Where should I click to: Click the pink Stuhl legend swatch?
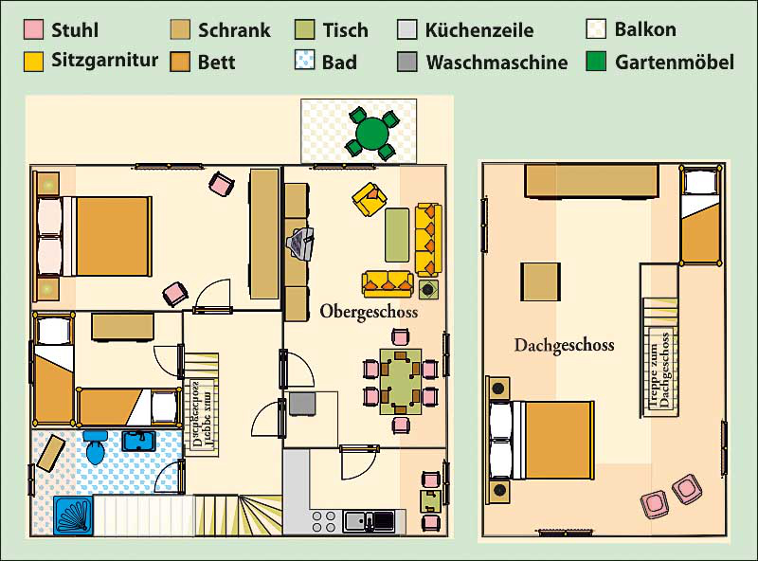33,29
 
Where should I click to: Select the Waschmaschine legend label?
496,63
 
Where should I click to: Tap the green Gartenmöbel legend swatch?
596,62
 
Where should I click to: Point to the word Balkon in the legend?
645,29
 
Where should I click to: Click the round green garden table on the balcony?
371,132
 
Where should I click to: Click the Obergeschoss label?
369,312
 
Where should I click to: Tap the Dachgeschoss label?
564,345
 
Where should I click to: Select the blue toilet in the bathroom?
96,446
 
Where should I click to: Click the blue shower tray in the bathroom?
73,516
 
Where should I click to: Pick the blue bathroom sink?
138,441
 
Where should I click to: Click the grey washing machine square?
302,404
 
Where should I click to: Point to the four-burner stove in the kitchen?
324,521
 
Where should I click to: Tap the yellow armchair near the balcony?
370,199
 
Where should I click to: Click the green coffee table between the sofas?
397,235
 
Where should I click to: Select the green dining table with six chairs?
400,382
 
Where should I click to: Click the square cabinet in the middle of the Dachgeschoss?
540,282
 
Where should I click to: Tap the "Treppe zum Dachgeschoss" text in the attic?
659,369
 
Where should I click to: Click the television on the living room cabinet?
300,244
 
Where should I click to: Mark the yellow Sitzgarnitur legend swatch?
33,62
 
